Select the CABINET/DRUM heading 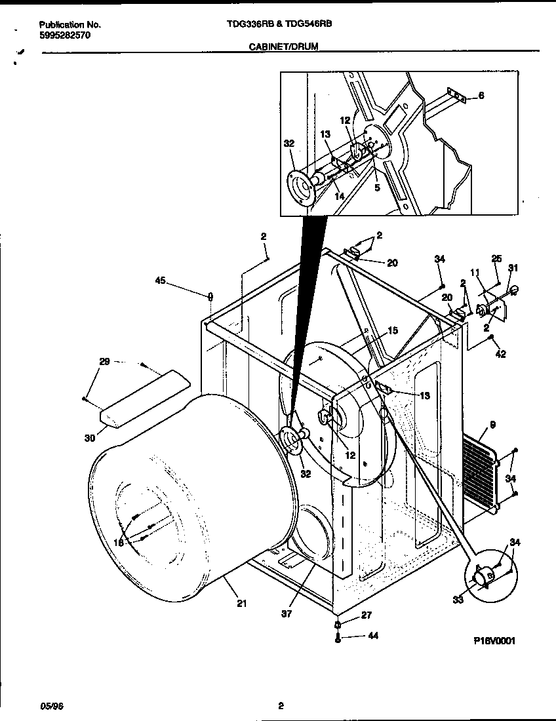(284, 48)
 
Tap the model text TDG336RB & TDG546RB (279, 24)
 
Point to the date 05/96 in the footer (52, 705)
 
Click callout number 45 (160, 282)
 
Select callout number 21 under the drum (241, 604)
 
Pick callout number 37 (286, 614)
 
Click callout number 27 (367, 615)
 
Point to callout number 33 (457, 598)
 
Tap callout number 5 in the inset (376, 187)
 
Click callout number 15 (392, 331)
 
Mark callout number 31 (513, 267)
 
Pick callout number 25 (496, 258)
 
